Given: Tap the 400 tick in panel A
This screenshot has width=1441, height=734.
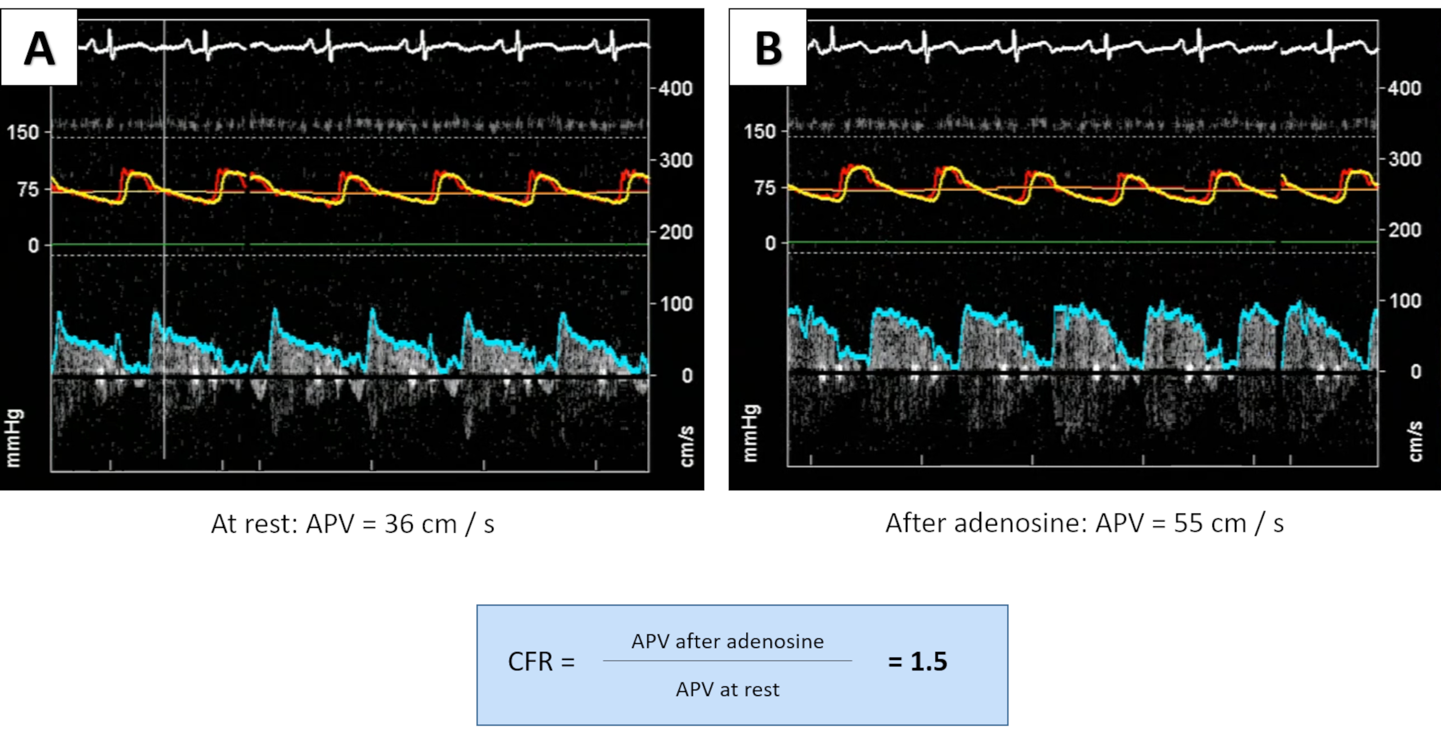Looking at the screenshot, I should pos(675,88).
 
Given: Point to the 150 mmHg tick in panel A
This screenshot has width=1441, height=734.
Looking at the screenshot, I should pos(23,133).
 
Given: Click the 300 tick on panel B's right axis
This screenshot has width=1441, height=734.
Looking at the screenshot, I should pos(1404,159).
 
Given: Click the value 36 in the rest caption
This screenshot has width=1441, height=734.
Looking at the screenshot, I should pos(398,524).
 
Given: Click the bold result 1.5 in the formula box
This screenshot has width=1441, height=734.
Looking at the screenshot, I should pos(928,661).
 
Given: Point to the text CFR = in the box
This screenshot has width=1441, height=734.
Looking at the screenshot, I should pos(541,662).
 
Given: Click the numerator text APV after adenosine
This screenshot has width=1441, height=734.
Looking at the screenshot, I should pos(727,641).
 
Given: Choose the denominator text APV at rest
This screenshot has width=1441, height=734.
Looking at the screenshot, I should pos(727,689).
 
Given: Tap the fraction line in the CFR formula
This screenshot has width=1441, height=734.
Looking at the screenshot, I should pos(727,661).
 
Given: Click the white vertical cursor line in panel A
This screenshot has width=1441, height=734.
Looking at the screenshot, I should pos(164,280).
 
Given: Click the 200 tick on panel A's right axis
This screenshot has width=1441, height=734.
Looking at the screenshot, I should pos(675,232).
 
